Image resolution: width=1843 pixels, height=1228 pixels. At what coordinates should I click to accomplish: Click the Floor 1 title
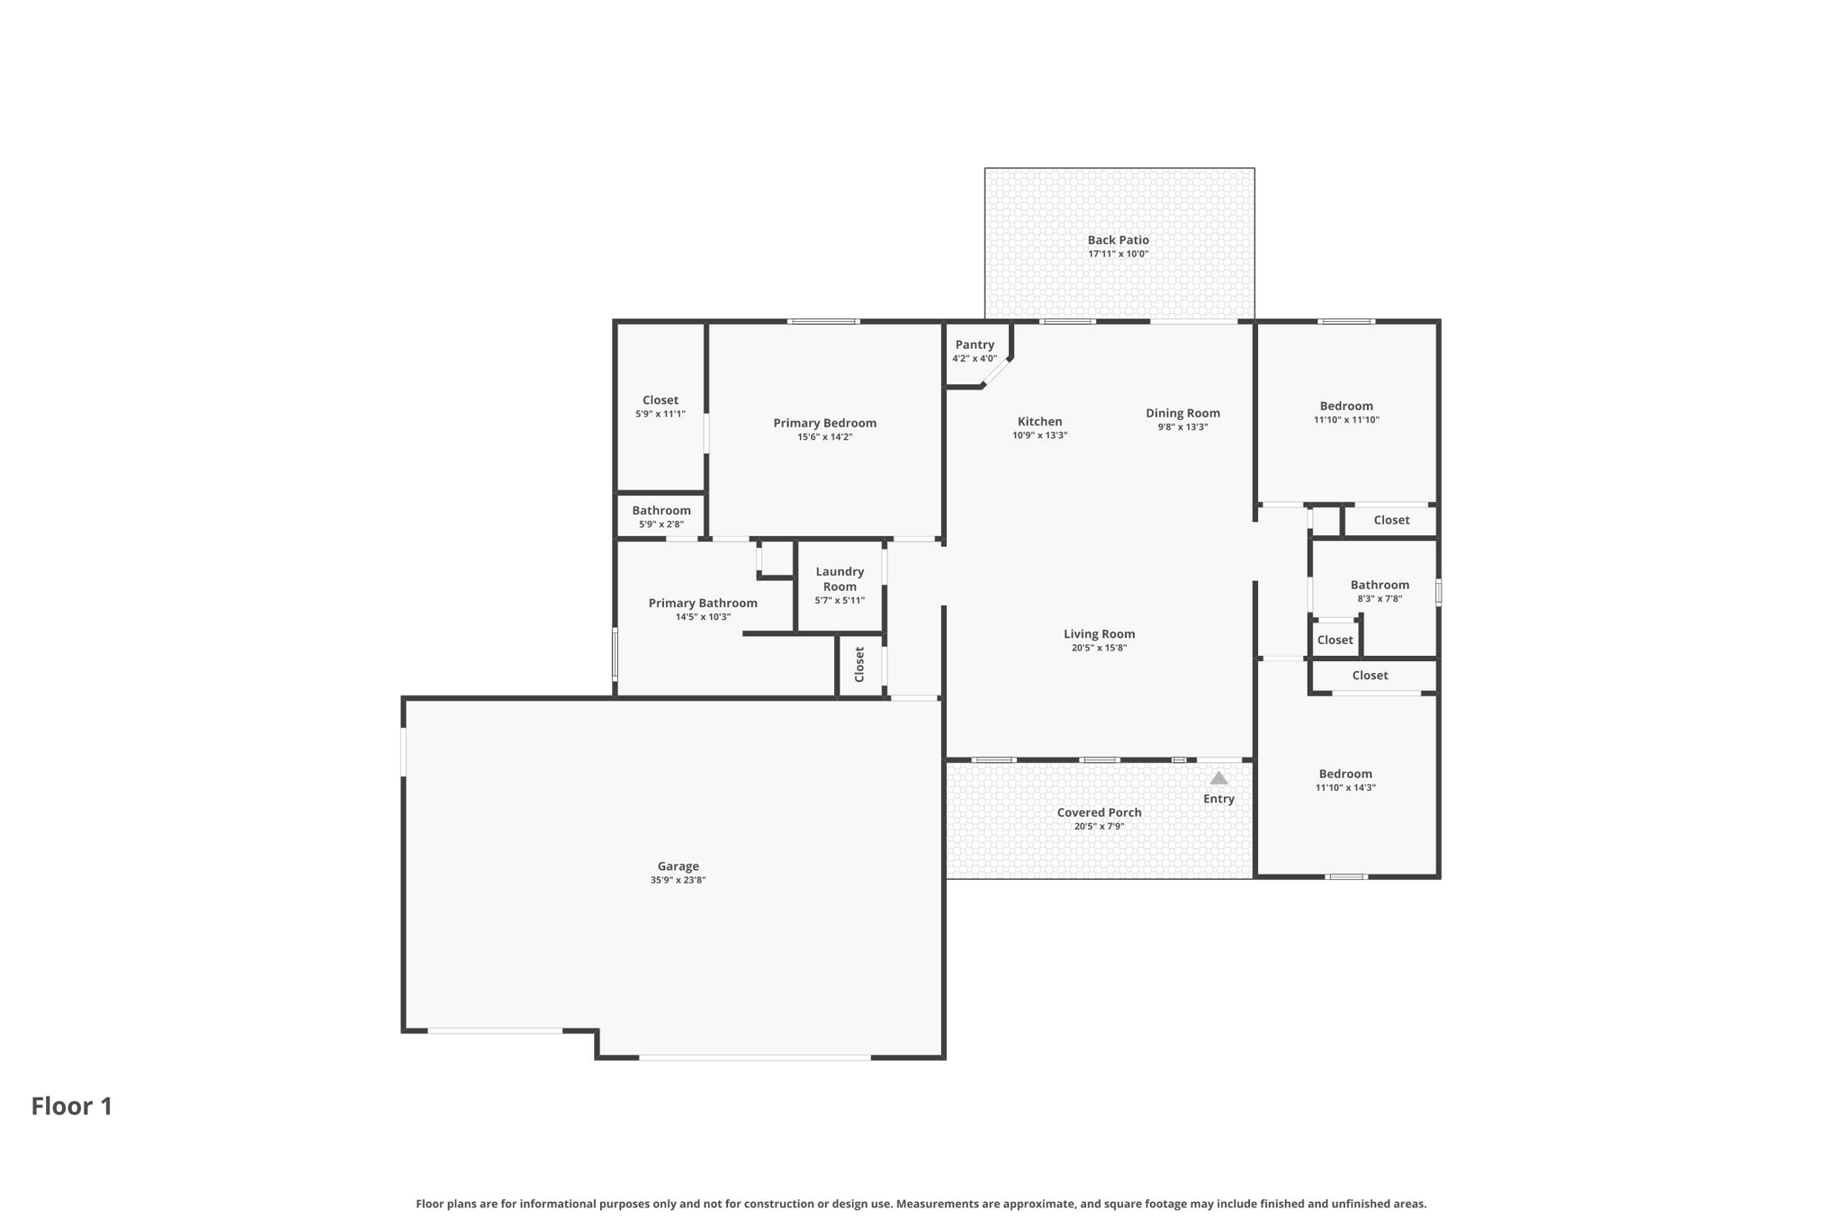tap(72, 1106)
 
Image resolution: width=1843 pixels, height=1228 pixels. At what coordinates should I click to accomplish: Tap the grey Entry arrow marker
tap(1218, 778)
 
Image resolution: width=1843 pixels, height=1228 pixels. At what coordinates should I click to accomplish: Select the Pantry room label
tap(975, 345)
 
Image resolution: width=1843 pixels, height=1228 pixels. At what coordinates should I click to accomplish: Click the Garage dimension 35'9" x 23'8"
tap(678, 880)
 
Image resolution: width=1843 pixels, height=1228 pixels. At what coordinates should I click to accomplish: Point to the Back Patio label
tap(1118, 240)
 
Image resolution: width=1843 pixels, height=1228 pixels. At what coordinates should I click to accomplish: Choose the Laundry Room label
tap(840, 578)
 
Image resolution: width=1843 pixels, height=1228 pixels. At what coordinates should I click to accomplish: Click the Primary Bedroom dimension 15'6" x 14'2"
tap(824, 437)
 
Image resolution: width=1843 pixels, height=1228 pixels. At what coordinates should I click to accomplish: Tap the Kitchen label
tap(1039, 421)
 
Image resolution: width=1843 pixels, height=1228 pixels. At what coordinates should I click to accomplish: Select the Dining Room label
tap(1182, 413)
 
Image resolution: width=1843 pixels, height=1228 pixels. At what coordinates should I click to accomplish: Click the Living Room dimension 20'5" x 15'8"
tap(1099, 648)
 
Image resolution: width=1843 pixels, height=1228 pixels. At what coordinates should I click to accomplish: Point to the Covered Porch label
tap(1099, 812)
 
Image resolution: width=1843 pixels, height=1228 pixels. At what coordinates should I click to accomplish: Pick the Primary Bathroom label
tap(703, 603)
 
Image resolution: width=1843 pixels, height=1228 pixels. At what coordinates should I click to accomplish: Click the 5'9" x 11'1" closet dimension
tap(661, 414)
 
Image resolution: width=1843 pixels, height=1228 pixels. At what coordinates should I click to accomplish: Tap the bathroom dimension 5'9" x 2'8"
tap(661, 524)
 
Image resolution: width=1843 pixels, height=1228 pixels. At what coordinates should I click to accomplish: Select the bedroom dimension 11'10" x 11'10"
tap(1346, 419)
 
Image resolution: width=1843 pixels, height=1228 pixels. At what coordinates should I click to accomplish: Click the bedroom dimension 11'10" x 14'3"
tap(1345, 787)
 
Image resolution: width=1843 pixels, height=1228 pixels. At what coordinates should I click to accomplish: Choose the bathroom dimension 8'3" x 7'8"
tap(1380, 598)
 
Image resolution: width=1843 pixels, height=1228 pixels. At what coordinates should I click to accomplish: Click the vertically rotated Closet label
tap(859, 664)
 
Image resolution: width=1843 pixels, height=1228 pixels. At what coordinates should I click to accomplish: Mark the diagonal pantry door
tap(997, 372)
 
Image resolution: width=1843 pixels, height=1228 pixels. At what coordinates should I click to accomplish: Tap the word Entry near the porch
tap(1218, 799)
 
